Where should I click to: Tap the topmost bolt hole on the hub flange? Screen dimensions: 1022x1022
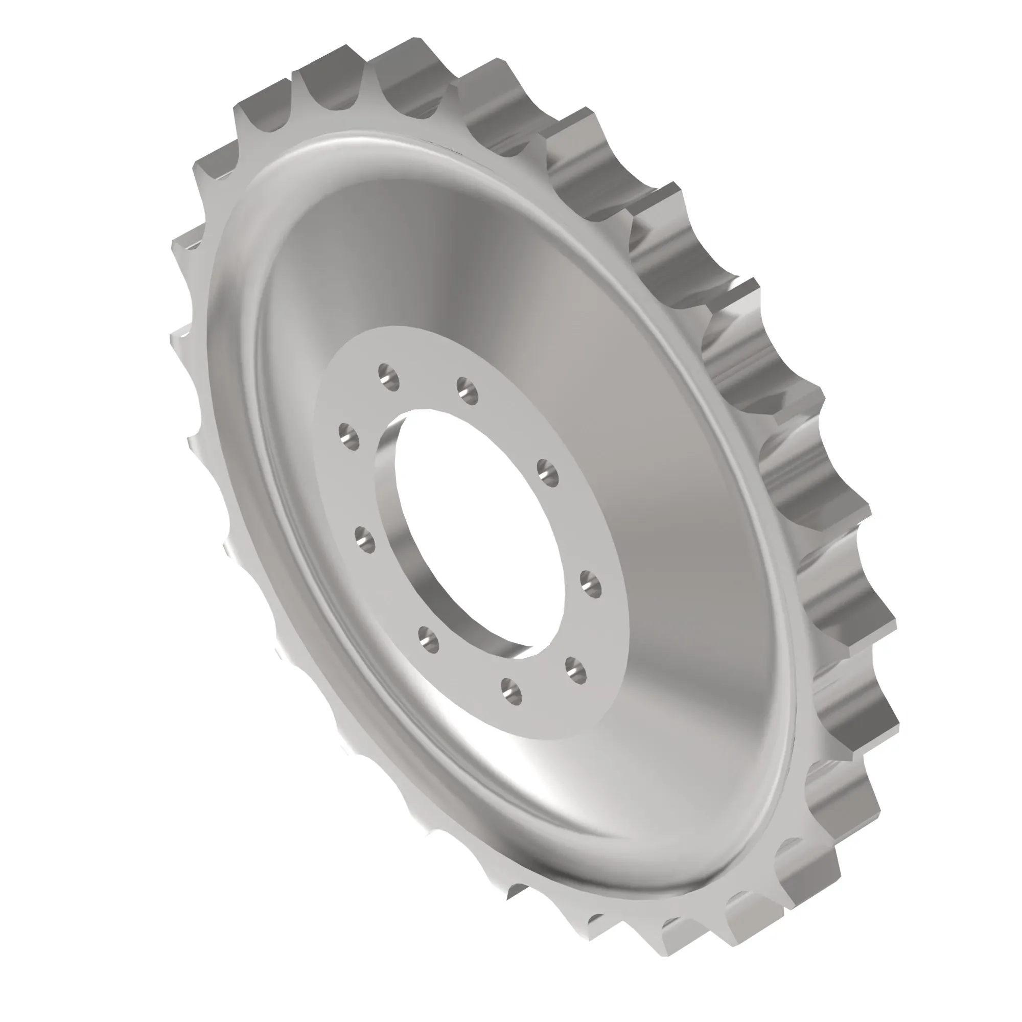[389, 377]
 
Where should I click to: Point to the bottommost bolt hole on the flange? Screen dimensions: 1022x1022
[512, 691]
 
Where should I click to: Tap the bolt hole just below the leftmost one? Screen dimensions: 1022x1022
[364, 540]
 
